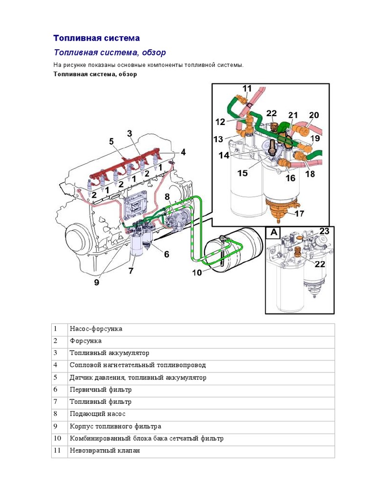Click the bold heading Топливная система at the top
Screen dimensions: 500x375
tap(96, 38)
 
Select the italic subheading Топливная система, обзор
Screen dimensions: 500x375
tap(109, 52)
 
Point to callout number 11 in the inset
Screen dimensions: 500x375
tap(247, 89)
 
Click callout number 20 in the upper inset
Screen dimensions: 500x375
tap(313, 115)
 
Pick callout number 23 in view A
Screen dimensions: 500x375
tap(324, 231)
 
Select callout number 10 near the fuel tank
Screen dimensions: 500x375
tap(196, 272)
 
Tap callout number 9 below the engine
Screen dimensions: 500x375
tap(97, 282)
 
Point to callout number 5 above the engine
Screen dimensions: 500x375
tap(111, 142)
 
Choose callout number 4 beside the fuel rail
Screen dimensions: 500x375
tap(183, 152)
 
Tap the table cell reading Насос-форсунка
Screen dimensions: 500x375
tap(96, 329)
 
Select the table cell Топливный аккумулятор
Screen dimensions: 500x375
tap(109, 353)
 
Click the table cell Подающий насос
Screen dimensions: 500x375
tap(98, 414)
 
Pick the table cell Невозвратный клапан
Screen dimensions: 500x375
tap(105, 451)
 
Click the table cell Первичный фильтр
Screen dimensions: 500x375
tap(101, 390)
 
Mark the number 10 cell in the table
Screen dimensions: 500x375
tap(58, 438)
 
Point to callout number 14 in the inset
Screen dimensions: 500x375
tap(224, 155)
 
